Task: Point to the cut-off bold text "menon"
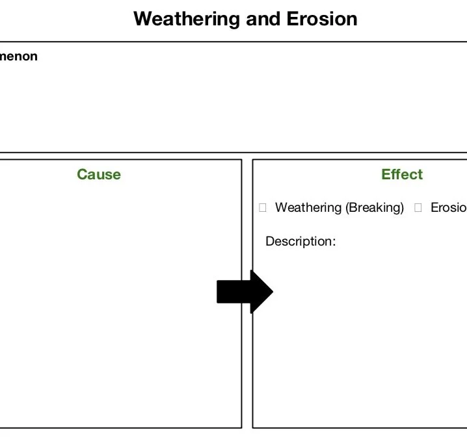tap(19, 57)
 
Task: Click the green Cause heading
tap(98, 174)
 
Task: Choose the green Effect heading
tap(402, 174)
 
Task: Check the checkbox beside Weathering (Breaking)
tap(263, 208)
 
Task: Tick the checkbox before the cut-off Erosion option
tap(418, 208)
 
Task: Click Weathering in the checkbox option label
tap(308, 208)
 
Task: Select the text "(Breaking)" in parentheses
tap(375, 208)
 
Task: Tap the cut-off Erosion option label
tap(449, 208)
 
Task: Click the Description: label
tap(300, 242)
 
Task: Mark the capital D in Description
tap(270, 242)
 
